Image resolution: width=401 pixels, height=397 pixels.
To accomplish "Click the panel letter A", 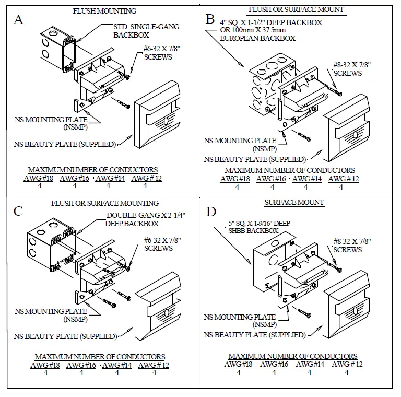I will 18,20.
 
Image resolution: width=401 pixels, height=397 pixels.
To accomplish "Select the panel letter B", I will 210,19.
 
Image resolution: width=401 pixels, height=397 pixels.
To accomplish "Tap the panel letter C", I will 18,212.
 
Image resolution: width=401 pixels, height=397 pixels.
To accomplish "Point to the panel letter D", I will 211,212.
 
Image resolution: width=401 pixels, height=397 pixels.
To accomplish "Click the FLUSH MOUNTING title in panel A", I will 104,11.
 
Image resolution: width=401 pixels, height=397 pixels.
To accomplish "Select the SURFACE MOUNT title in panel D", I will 294,202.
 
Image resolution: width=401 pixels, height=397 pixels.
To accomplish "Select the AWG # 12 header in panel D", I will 347,364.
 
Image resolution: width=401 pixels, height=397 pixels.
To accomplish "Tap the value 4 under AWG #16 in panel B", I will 272,187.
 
